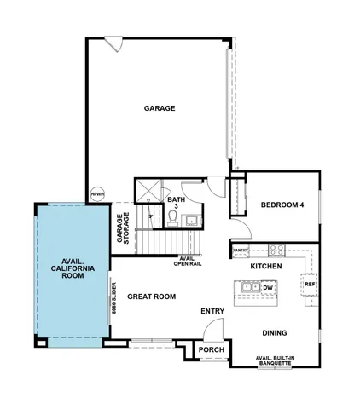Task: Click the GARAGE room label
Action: click(x=160, y=108)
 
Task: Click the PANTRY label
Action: click(x=240, y=251)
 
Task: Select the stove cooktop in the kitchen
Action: click(x=276, y=250)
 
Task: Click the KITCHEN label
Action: click(x=265, y=267)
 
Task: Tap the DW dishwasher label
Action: click(x=267, y=288)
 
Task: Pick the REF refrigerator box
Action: click(x=310, y=284)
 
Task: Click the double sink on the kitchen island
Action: click(x=251, y=289)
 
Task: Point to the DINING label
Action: click(x=274, y=333)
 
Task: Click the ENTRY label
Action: click(x=212, y=312)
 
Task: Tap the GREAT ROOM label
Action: click(x=152, y=297)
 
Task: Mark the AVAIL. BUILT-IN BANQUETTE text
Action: click(x=275, y=361)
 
